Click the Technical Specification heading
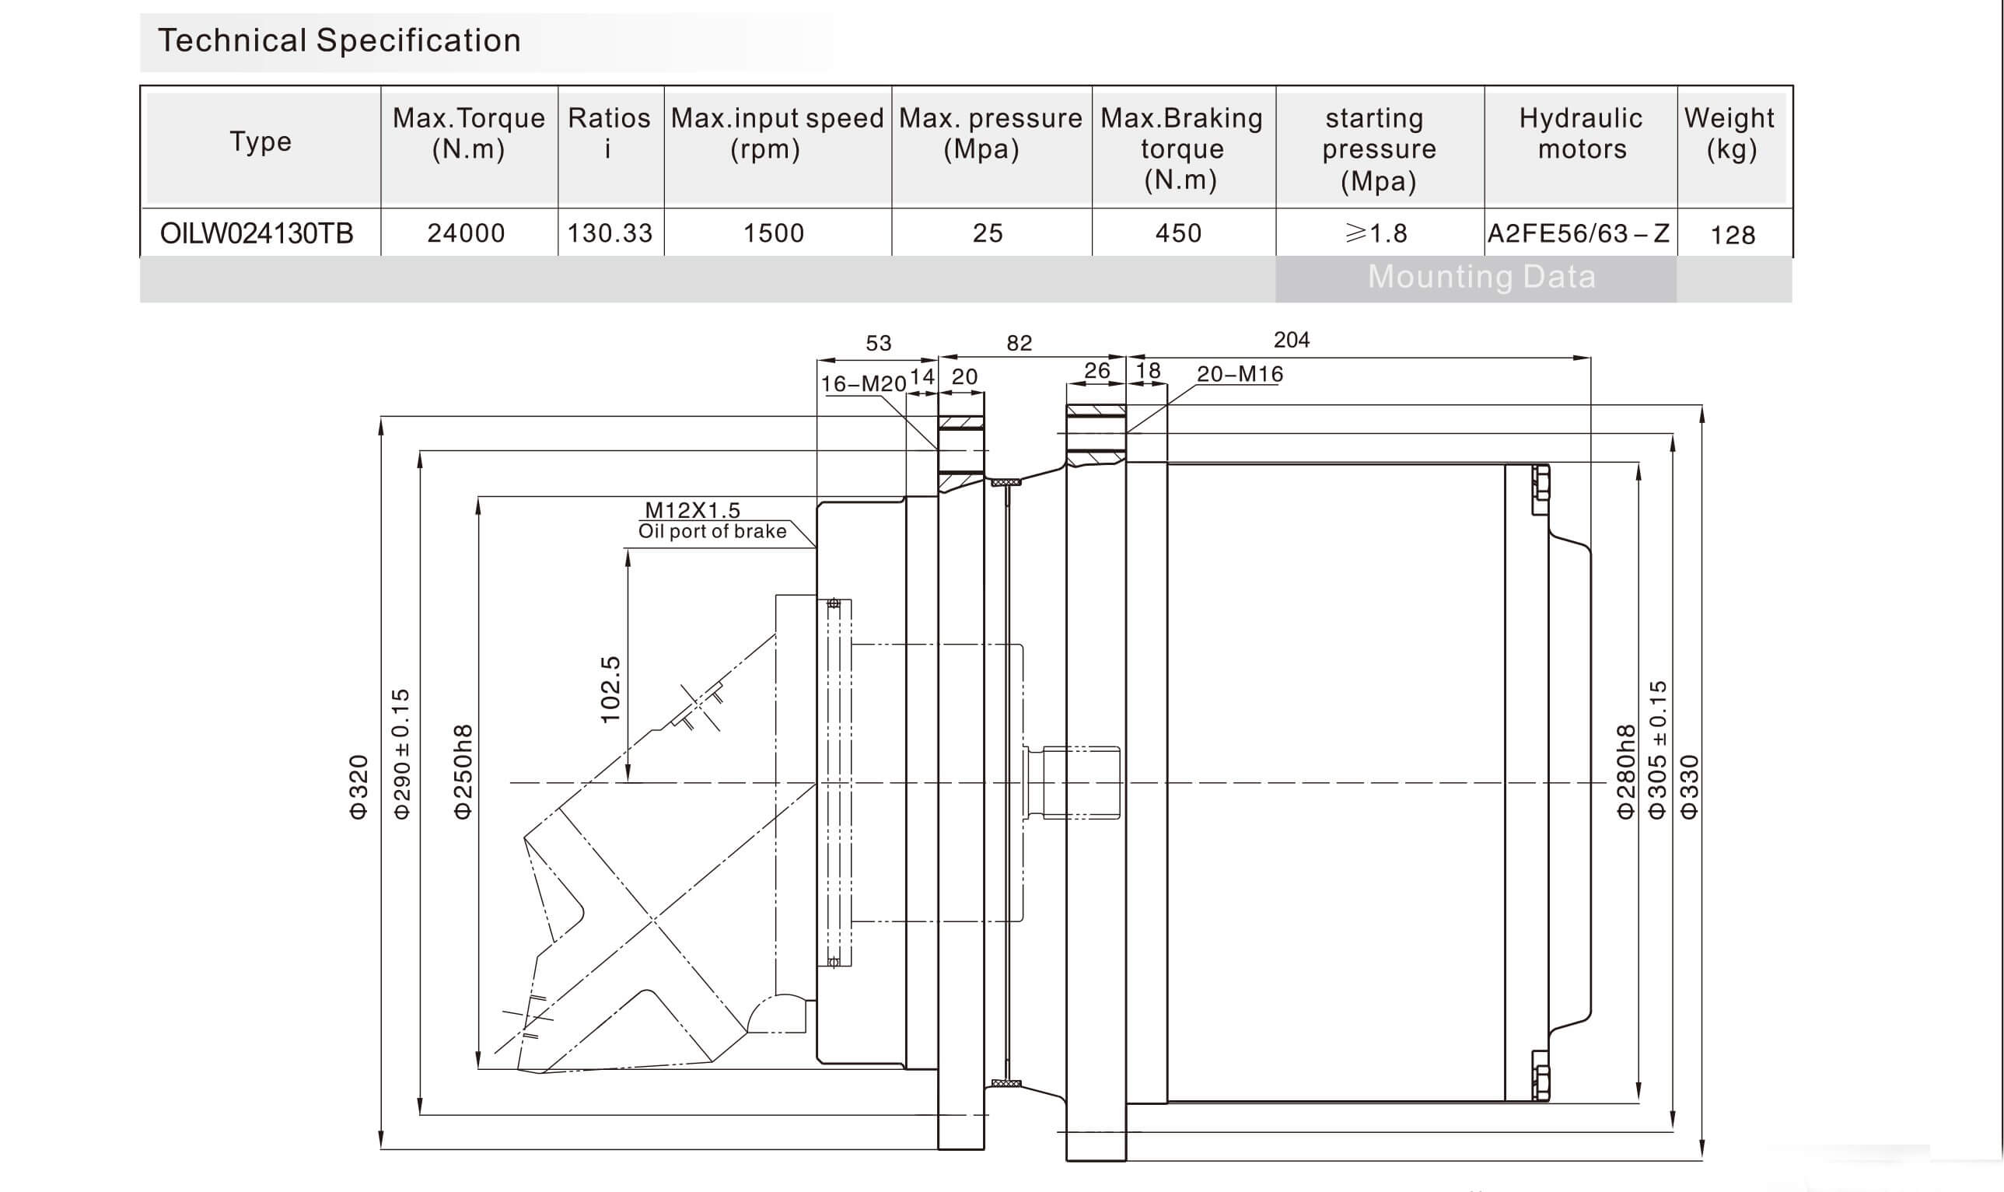[x=339, y=40]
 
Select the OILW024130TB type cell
[x=257, y=233]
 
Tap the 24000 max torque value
[x=466, y=233]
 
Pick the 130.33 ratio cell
[x=610, y=233]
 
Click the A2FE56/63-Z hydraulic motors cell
[x=1579, y=233]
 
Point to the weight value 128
[x=1733, y=235]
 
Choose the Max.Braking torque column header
[x=1180, y=149]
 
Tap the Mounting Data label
[x=1481, y=277]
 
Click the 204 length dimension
[x=1292, y=340]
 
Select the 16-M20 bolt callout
[x=862, y=384]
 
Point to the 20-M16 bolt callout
[x=1240, y=373]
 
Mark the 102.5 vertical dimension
[x=610, y=689]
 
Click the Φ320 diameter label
[x=358, y=786]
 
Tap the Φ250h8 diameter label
[x=463, y=771]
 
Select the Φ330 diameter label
[x=1689, y=786]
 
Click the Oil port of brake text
[x=712, y=531]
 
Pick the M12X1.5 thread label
[x=692, y=509]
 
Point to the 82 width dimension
[x=1019, y=343]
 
